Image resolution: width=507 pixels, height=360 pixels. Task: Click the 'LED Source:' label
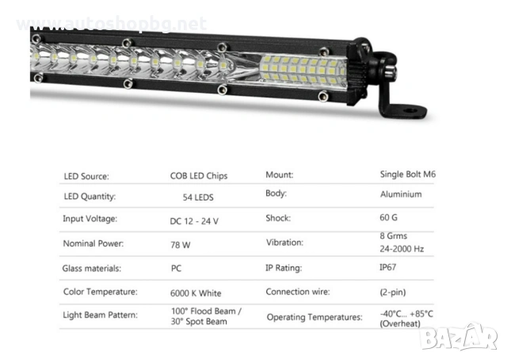[86, 176]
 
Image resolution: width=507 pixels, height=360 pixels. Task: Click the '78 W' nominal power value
[181, 245]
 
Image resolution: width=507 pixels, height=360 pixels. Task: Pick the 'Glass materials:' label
[92, 269]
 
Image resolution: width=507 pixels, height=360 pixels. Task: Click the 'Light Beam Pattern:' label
[101, 315]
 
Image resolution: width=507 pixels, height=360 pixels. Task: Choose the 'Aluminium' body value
[401, 194]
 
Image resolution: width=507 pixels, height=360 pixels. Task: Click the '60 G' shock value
[390, 218]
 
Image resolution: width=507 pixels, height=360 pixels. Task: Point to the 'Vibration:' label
[284, 243]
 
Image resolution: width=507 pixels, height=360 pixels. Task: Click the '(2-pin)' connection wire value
[394, 291]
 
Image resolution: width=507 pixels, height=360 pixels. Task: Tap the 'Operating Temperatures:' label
[314, 317]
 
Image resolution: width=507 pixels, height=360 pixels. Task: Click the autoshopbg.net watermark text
[111, 24]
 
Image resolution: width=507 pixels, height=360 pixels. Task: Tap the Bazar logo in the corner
[459, 338]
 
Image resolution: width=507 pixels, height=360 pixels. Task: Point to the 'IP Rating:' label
[283, 268]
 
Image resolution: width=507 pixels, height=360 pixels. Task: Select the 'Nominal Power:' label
[92, 244]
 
